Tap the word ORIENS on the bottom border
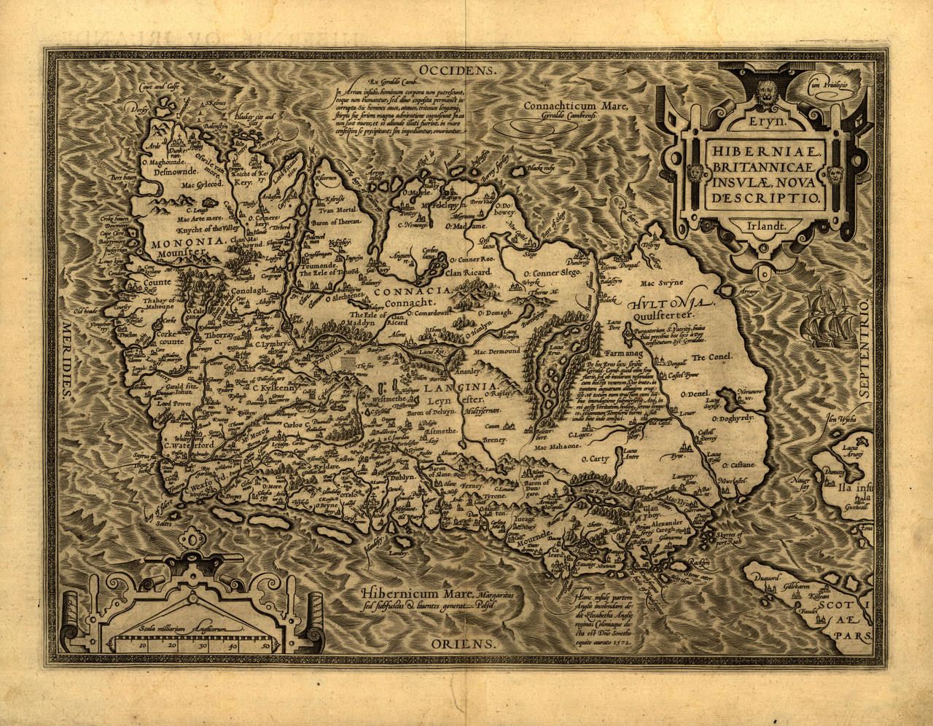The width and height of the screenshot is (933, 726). [463, 644]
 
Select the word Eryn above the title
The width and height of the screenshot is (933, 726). [762, 122]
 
